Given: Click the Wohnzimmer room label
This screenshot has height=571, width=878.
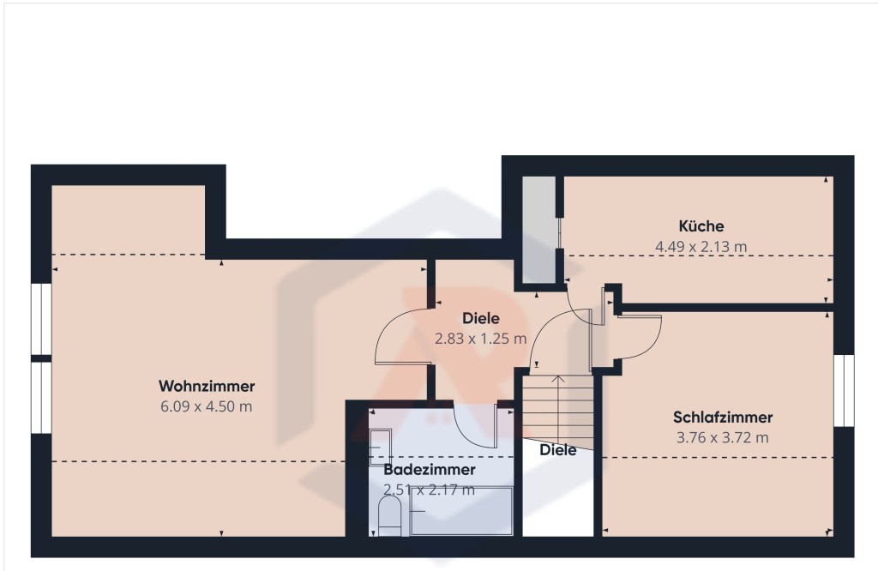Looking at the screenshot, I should pyautogui.click(x=207, y=386).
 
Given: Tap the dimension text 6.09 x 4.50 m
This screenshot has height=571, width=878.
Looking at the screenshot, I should pyautogui.click(x=207, y=406).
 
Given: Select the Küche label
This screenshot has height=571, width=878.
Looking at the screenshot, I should pyautogui.click(x=701, y=226).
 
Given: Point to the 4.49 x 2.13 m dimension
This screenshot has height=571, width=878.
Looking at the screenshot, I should pyautogui.click(x=701, y=247).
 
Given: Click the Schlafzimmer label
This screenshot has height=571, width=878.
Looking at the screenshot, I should pyautogui.click(x=723, y=418).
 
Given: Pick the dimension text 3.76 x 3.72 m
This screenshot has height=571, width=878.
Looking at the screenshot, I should pyautogui.click(x=723, y=438).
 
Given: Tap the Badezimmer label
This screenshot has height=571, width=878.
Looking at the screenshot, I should pyautogui.click(x=429, y=470).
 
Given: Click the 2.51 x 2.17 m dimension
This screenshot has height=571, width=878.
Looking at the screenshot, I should pyautogui.click(x=429, y=490).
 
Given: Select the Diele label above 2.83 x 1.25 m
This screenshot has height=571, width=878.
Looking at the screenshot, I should pyautogui.click(x=480, y=318).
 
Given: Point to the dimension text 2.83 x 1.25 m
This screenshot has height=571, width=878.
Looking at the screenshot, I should pyautogui.click(x=480, y=339).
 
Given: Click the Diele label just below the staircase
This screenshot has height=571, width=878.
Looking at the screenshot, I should pyautogui.click(x=558, y=449).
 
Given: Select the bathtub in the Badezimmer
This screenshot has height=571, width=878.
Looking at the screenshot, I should pyautogui.click(x=461, y=511).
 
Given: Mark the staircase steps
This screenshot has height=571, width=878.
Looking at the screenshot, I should pyautogui.click(x=557, y=412).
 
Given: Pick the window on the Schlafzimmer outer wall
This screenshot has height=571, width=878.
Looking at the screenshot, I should pyautogui.click(x=845, y=390).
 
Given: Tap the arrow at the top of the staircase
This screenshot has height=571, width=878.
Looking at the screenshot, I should pyautogui.click(x=557, y=378).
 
